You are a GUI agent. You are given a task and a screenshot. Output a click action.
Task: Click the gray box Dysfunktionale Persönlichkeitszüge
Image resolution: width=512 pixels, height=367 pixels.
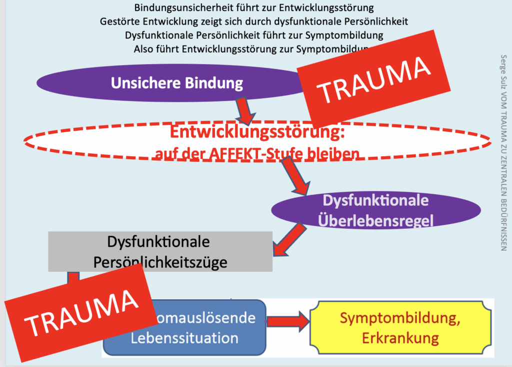(x=160, y=251)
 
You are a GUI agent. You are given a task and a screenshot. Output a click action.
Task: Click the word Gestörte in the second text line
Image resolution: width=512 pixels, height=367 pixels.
(x=120, y=22)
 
